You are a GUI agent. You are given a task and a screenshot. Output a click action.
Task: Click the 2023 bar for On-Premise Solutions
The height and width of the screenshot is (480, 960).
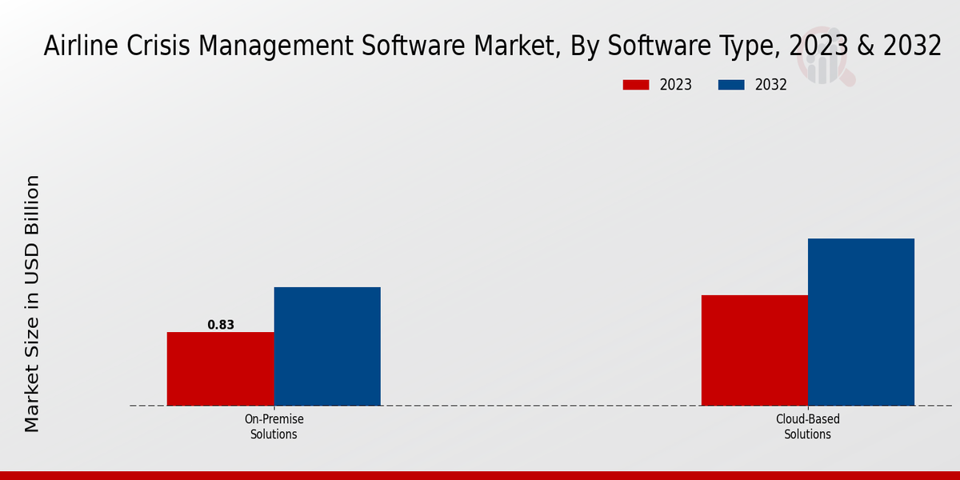[x=220, y=369]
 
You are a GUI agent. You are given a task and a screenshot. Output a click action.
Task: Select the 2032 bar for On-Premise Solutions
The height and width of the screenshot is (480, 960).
[x=327, y=346]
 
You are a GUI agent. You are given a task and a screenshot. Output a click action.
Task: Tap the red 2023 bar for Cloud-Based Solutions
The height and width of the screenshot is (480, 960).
[x=754, y=350]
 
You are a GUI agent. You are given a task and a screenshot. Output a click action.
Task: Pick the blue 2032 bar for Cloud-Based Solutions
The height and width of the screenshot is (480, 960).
[x=861, y=322]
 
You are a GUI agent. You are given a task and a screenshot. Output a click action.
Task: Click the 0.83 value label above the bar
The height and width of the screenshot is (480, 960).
[x=221, y=325]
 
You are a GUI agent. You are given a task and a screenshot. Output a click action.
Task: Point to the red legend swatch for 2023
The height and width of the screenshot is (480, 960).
[x=636, y=85]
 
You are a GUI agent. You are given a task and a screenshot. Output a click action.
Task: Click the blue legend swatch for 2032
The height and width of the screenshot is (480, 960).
[x=731, y=85]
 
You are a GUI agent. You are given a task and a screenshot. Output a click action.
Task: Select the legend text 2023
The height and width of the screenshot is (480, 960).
[x=676, y=85]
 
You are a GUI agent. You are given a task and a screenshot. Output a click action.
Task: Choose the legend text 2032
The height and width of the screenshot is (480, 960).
[x=771, y=85]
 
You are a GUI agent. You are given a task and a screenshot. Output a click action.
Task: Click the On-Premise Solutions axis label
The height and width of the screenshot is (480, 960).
[x=274, y=426]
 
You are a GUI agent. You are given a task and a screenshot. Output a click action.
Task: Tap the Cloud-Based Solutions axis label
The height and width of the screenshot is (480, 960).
[x=807, y=426]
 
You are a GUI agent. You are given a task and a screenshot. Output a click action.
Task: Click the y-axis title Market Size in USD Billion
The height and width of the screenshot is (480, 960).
[x=32, y=304]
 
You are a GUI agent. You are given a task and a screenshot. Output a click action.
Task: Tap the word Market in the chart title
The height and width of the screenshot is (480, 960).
[x=518, y=46]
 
